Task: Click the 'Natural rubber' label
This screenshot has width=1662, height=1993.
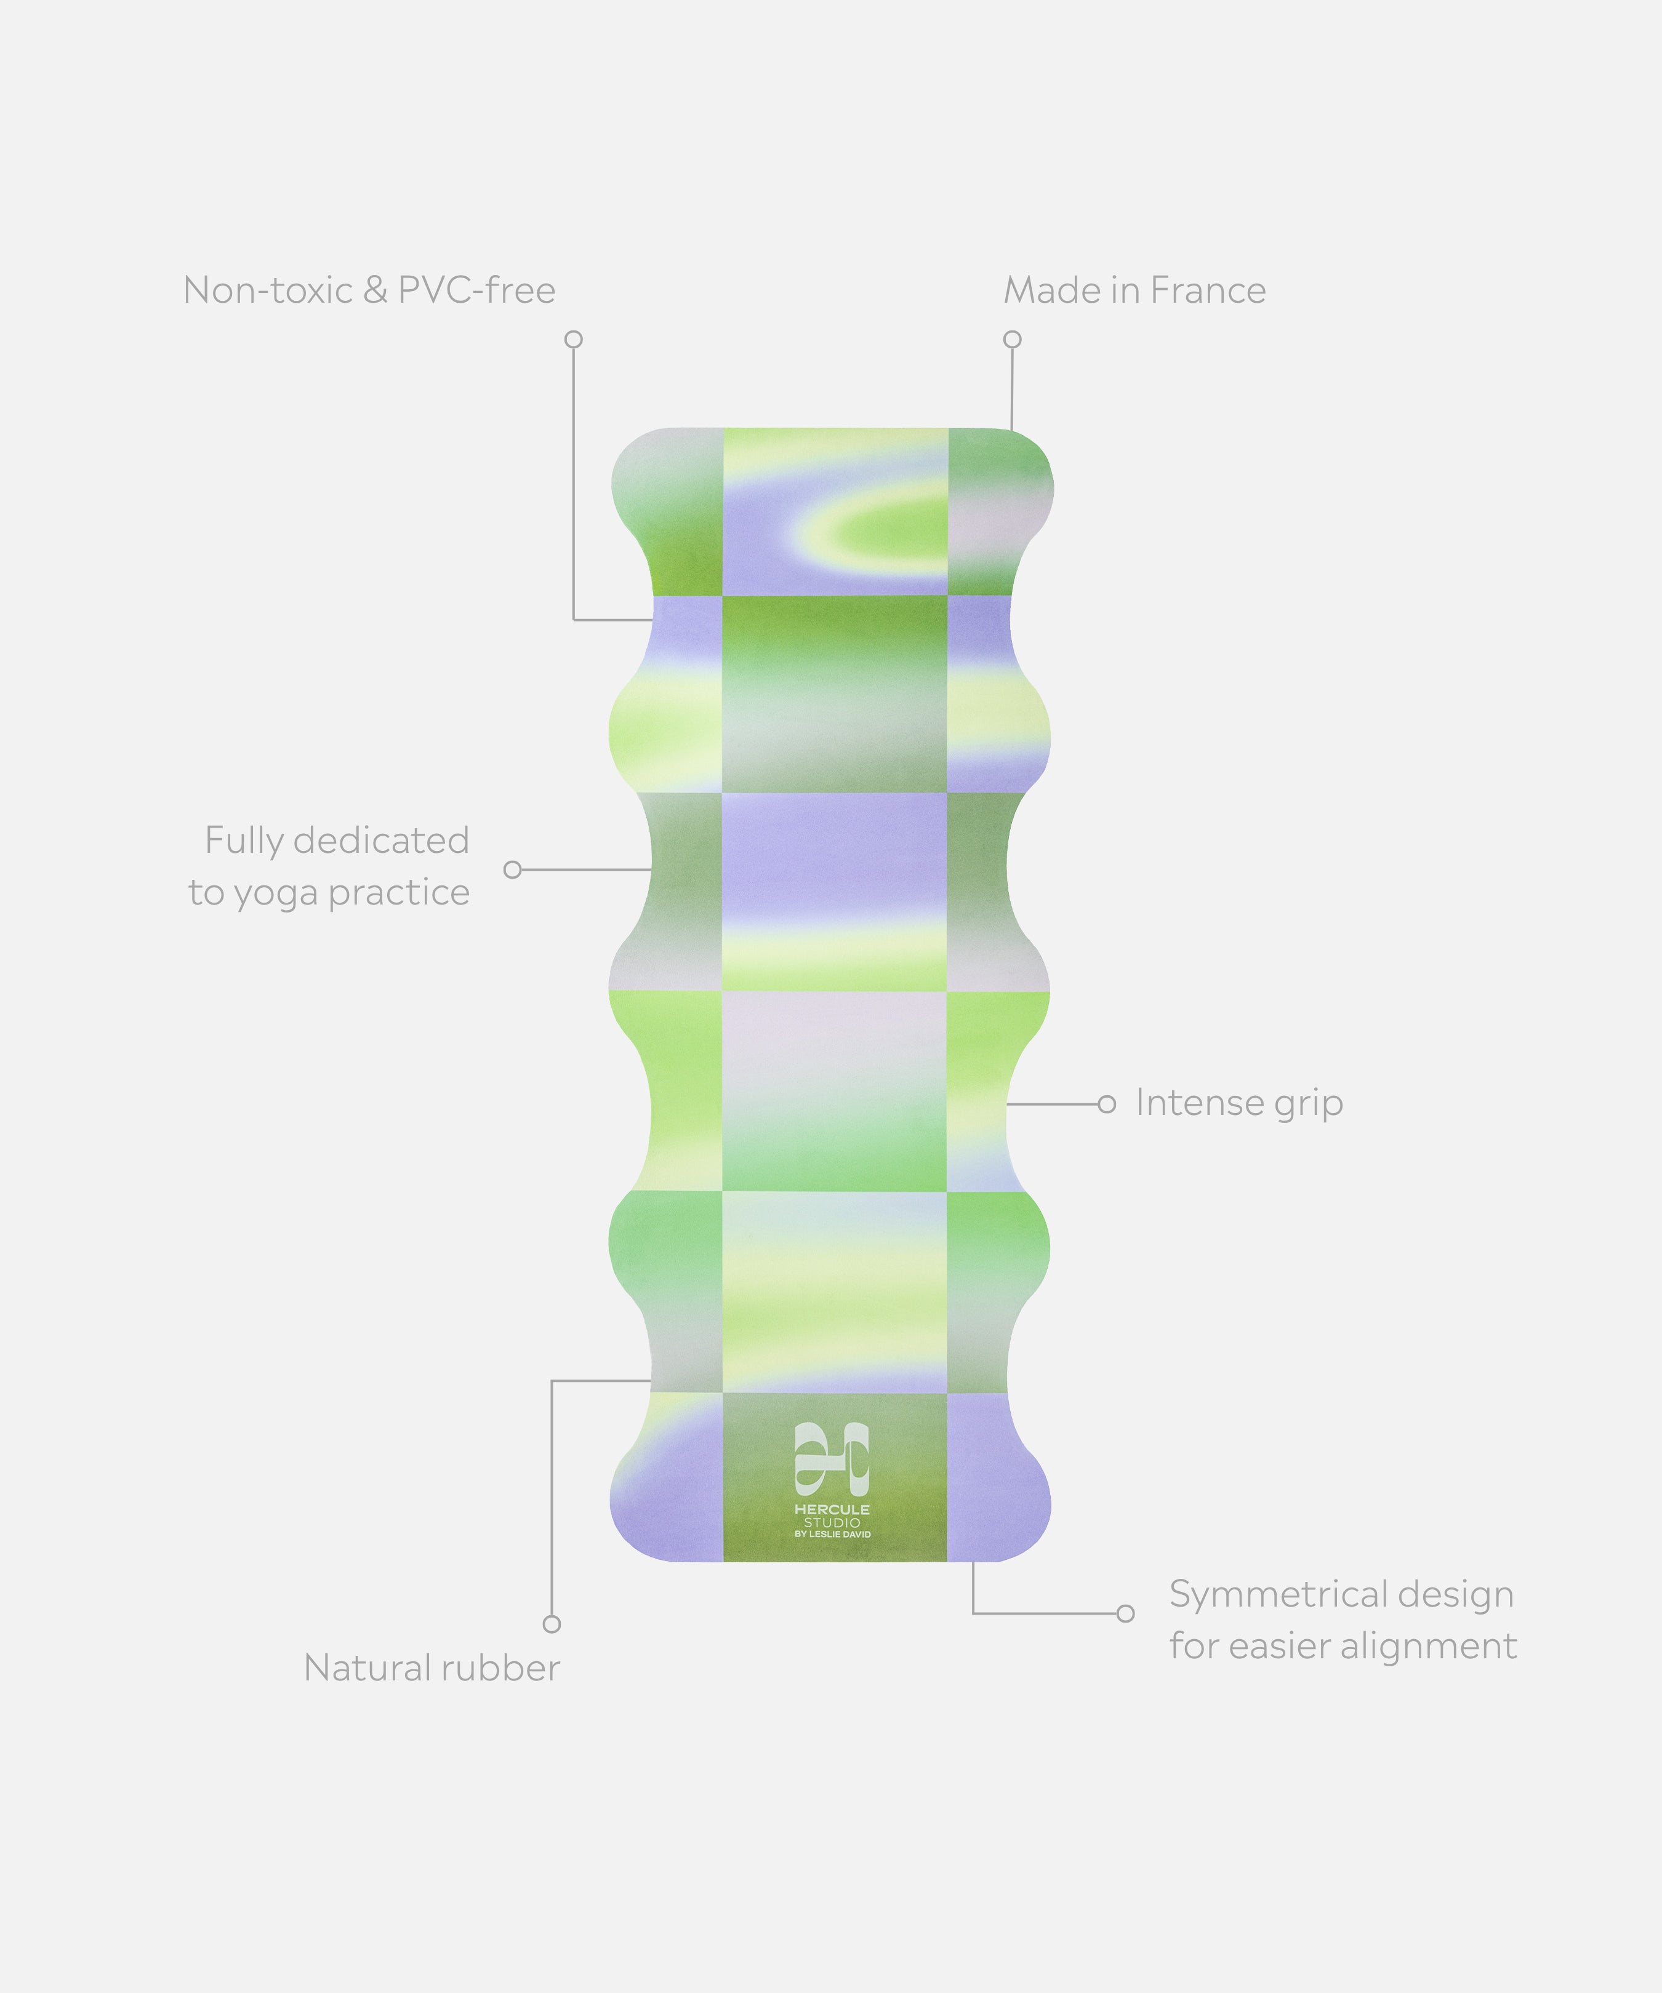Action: point(432,1669)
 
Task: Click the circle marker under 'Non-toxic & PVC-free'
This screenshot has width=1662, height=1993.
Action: point(573,340)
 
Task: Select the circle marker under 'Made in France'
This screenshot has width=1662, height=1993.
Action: point(1013,340)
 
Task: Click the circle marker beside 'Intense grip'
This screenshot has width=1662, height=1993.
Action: point(1107,1104)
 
